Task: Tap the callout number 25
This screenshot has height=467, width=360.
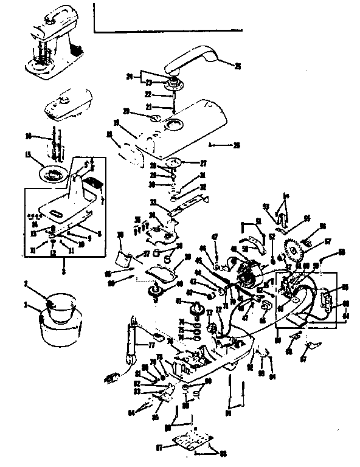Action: (x=237, y=66)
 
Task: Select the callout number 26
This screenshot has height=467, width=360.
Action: (x=237, y=145)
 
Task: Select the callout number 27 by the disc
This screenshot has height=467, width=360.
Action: (x=202, y=163)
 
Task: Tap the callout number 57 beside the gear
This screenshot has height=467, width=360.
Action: (x=328, y=242)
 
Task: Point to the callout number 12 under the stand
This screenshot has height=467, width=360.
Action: (x=52, y=252)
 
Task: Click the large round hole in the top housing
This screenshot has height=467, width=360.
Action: (x=172, y=125)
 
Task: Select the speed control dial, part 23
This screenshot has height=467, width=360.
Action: (x=172, y=83)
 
